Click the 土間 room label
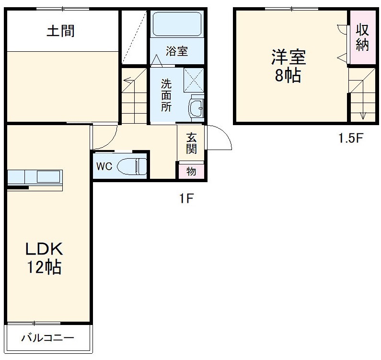tap(60, 31)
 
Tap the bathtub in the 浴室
tap(177, 24)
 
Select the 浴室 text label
tap(177, 51)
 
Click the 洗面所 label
tap(166, 95)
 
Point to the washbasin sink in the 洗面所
tap(196, 108)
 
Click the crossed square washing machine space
tap(194, 80)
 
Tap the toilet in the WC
tap(132, 166)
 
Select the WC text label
tap(104, 166)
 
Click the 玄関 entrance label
tap(192, 144)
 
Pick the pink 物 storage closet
tap(192, 171)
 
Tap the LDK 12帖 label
tap(44, 258)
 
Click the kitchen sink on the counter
tap(48, 177)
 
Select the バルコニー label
tap(47, 338)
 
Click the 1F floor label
tap(186, 198)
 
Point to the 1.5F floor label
tap(351, 138)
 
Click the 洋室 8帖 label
tap(289, 66)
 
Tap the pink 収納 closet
tap(362, 37)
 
